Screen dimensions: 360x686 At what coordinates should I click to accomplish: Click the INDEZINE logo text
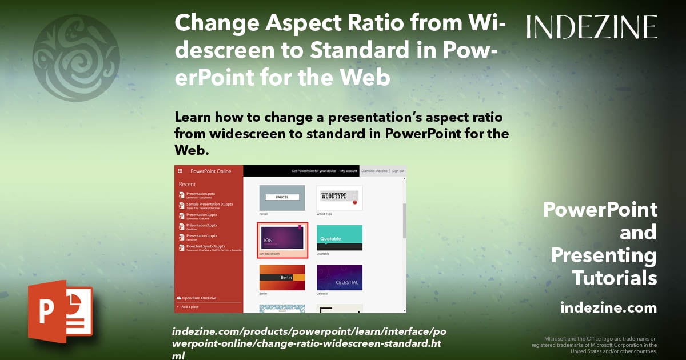coord(592,27)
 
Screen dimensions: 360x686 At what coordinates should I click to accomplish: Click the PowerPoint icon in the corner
coord(60,311)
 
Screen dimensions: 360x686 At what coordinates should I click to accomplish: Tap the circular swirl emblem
coord(76,58)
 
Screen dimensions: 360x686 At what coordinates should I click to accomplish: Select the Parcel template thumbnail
coord(282,197)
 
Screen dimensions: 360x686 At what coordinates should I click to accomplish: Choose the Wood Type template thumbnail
coord(339,197)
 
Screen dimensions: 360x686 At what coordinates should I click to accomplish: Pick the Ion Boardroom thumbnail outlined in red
coord(282,239)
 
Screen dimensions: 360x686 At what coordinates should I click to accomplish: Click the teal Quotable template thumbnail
coord(339,237)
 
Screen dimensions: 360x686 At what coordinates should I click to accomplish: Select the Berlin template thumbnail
coord(282,277)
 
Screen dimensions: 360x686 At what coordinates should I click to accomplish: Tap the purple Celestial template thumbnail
coord(339,277)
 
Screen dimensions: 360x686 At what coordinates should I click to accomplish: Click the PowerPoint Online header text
coord(210,171)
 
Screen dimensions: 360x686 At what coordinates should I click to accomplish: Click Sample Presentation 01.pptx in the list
coord(209,204)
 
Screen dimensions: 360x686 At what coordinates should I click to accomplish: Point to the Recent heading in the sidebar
coord(187,185)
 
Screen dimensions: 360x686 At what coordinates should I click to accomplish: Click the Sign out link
coord(398,171)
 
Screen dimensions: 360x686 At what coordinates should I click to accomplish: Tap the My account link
coord(348,171)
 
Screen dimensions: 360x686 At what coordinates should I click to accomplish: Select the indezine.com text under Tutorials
coord(608,308)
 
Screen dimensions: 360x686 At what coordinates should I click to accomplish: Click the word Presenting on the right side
coord(604,255)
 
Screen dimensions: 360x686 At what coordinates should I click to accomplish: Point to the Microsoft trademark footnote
coord(594,345)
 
